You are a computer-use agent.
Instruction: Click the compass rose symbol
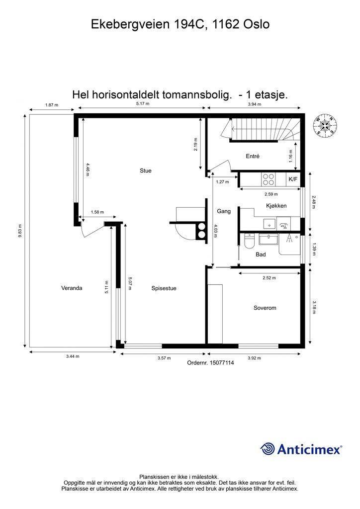click(325, 125)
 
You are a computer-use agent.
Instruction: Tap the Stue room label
click(145, 170)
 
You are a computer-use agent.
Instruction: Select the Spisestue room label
click(164, 288)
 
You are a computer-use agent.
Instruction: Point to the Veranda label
click(72, 288)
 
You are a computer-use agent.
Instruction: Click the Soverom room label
click(265, 308)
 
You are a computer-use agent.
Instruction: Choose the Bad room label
click(261, 254)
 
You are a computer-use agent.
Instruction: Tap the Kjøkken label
click(276, 205)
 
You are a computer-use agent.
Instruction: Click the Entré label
click(253, 156)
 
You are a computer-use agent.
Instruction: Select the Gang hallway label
click(224, 211)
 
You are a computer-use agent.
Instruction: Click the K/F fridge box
click(293, 178)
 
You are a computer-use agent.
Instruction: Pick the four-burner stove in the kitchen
click(269, 178)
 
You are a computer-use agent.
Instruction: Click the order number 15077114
click(210, 363)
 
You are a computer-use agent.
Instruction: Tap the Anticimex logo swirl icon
click(268, 449)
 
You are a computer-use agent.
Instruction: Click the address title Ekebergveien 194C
click(180, 24)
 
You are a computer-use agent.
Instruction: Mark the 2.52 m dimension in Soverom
click(270, 278)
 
